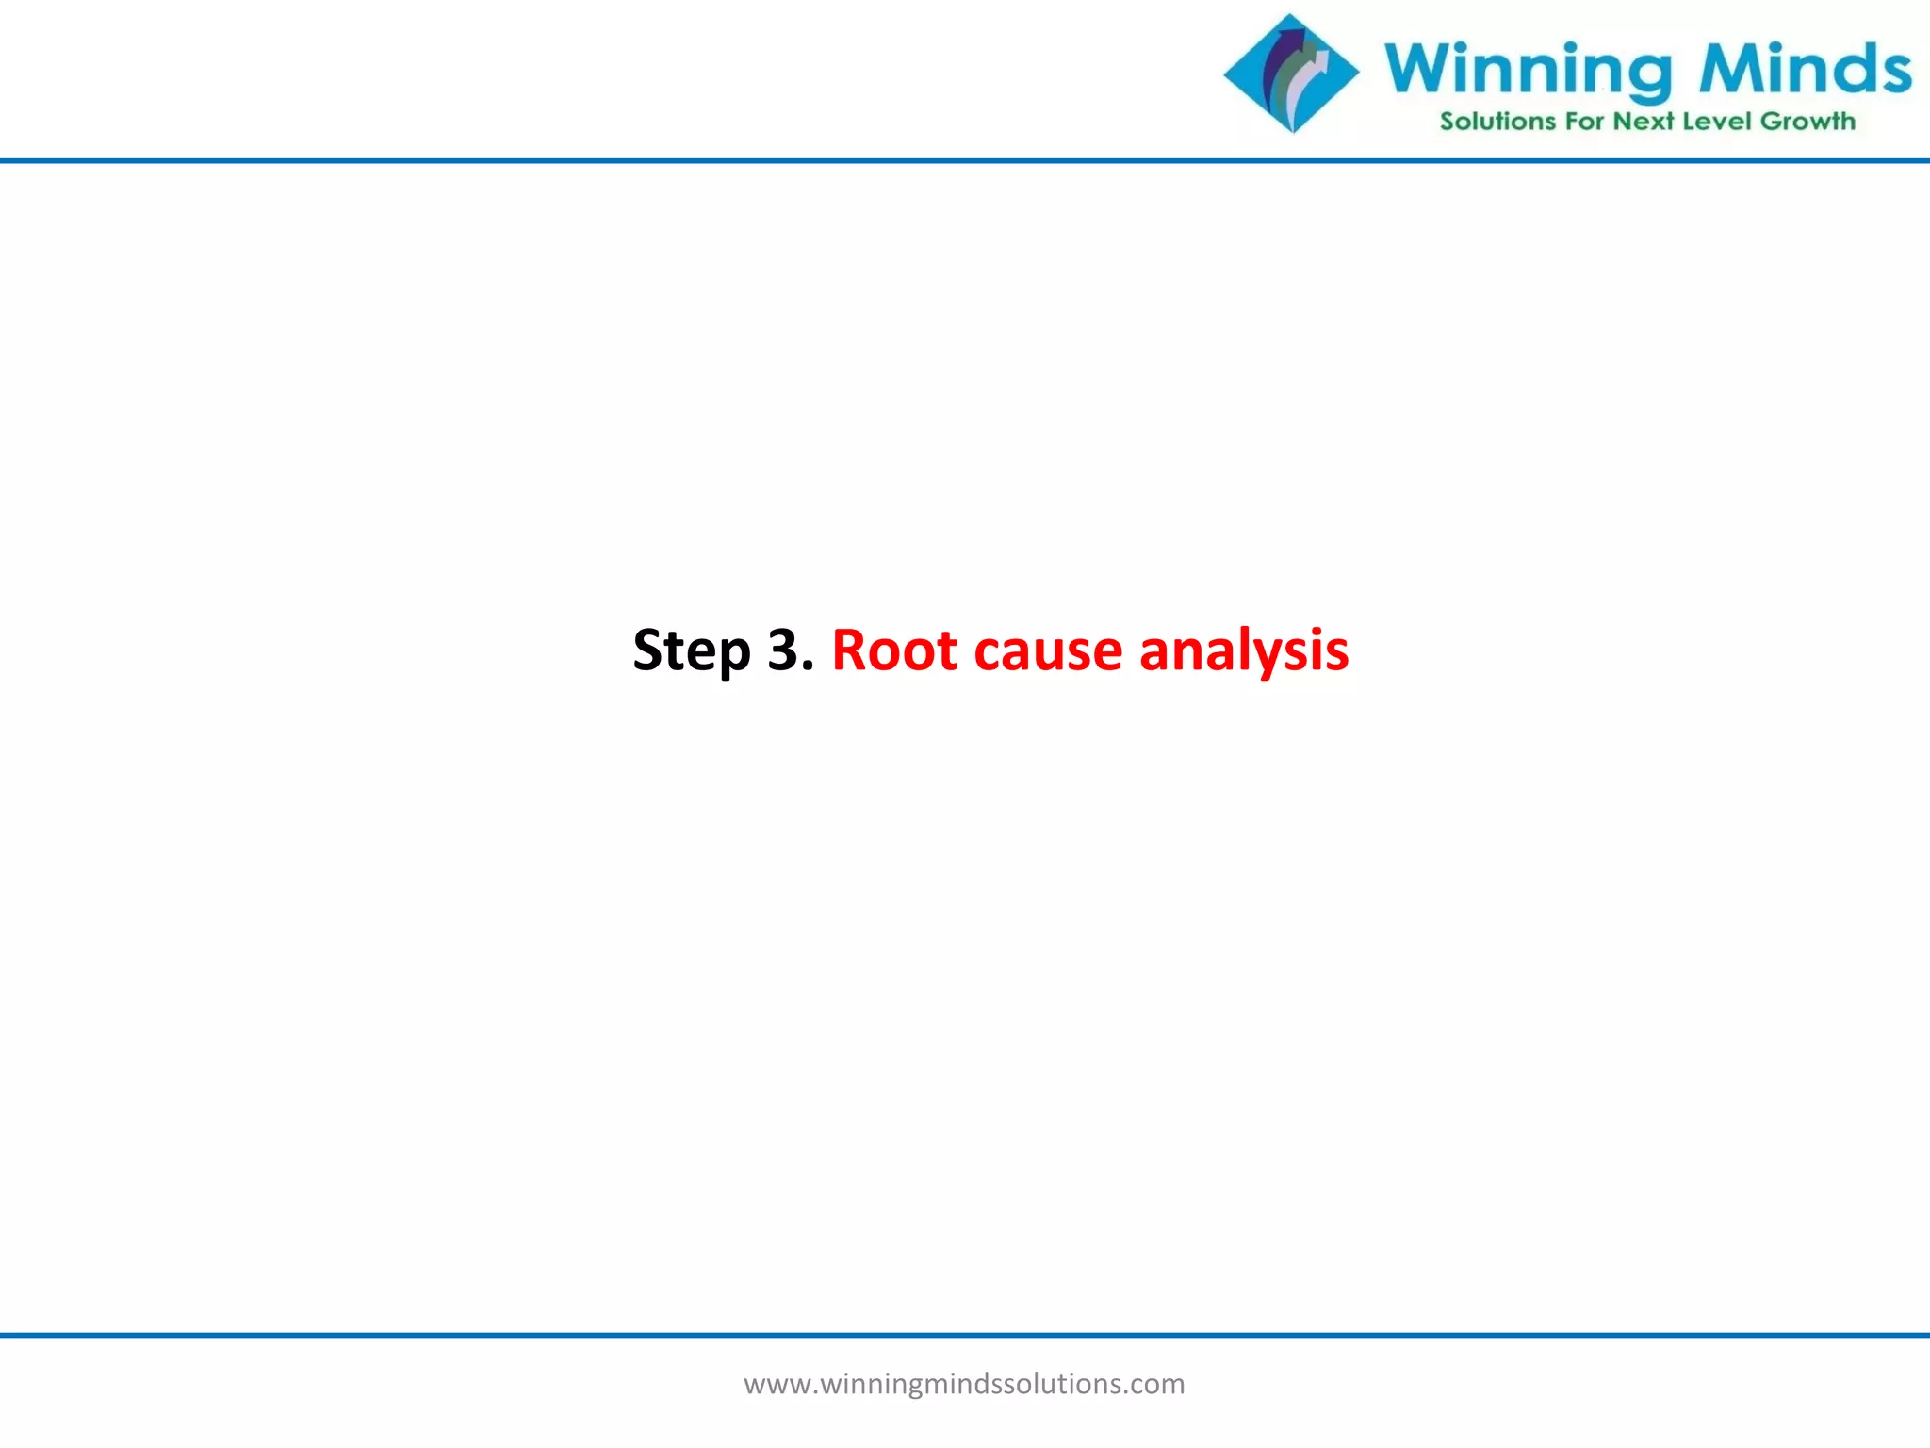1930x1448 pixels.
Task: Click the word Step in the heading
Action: [692, 650]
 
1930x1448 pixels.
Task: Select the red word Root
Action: [894, 650]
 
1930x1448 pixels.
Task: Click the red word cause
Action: [1048, 650]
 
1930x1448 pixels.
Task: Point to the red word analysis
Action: [1244, 650]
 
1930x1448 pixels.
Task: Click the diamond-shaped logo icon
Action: [1291, 74]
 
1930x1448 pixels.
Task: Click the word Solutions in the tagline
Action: [1497, 122]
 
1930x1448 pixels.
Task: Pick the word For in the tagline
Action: [1584, 122]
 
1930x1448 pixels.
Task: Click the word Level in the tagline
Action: [1717, 122]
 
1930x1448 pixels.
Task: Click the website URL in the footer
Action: [964, 1384]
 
